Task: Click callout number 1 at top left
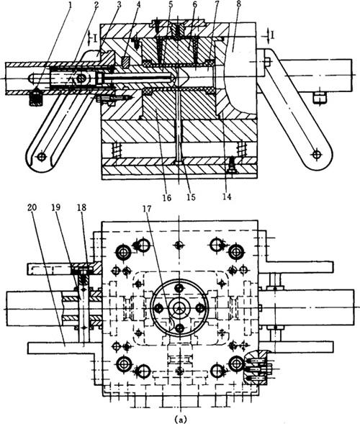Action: [x=71, y=6]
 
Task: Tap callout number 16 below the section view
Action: [x=167, y=198]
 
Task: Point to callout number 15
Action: [x=191, y=197]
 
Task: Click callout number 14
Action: [x=227, y=197]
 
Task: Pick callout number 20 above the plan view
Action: [x=33, y=207]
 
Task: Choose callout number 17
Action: [x=148, y=208]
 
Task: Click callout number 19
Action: [x=57, y=207]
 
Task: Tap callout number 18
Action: [x=81, y=207]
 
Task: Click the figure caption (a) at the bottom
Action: [x=180, y=419]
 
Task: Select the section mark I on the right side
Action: [x=273, y=35]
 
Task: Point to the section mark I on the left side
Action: [x=95, y=39]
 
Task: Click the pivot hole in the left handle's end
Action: [x=41, y=156]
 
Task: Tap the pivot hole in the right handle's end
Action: [x=316, y=154]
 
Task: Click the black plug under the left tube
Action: [x=36, y=98]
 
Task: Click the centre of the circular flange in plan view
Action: [x=179, y=307]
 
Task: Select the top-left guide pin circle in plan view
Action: [x=124, y=253]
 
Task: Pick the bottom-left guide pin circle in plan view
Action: [x=124, y=364]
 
